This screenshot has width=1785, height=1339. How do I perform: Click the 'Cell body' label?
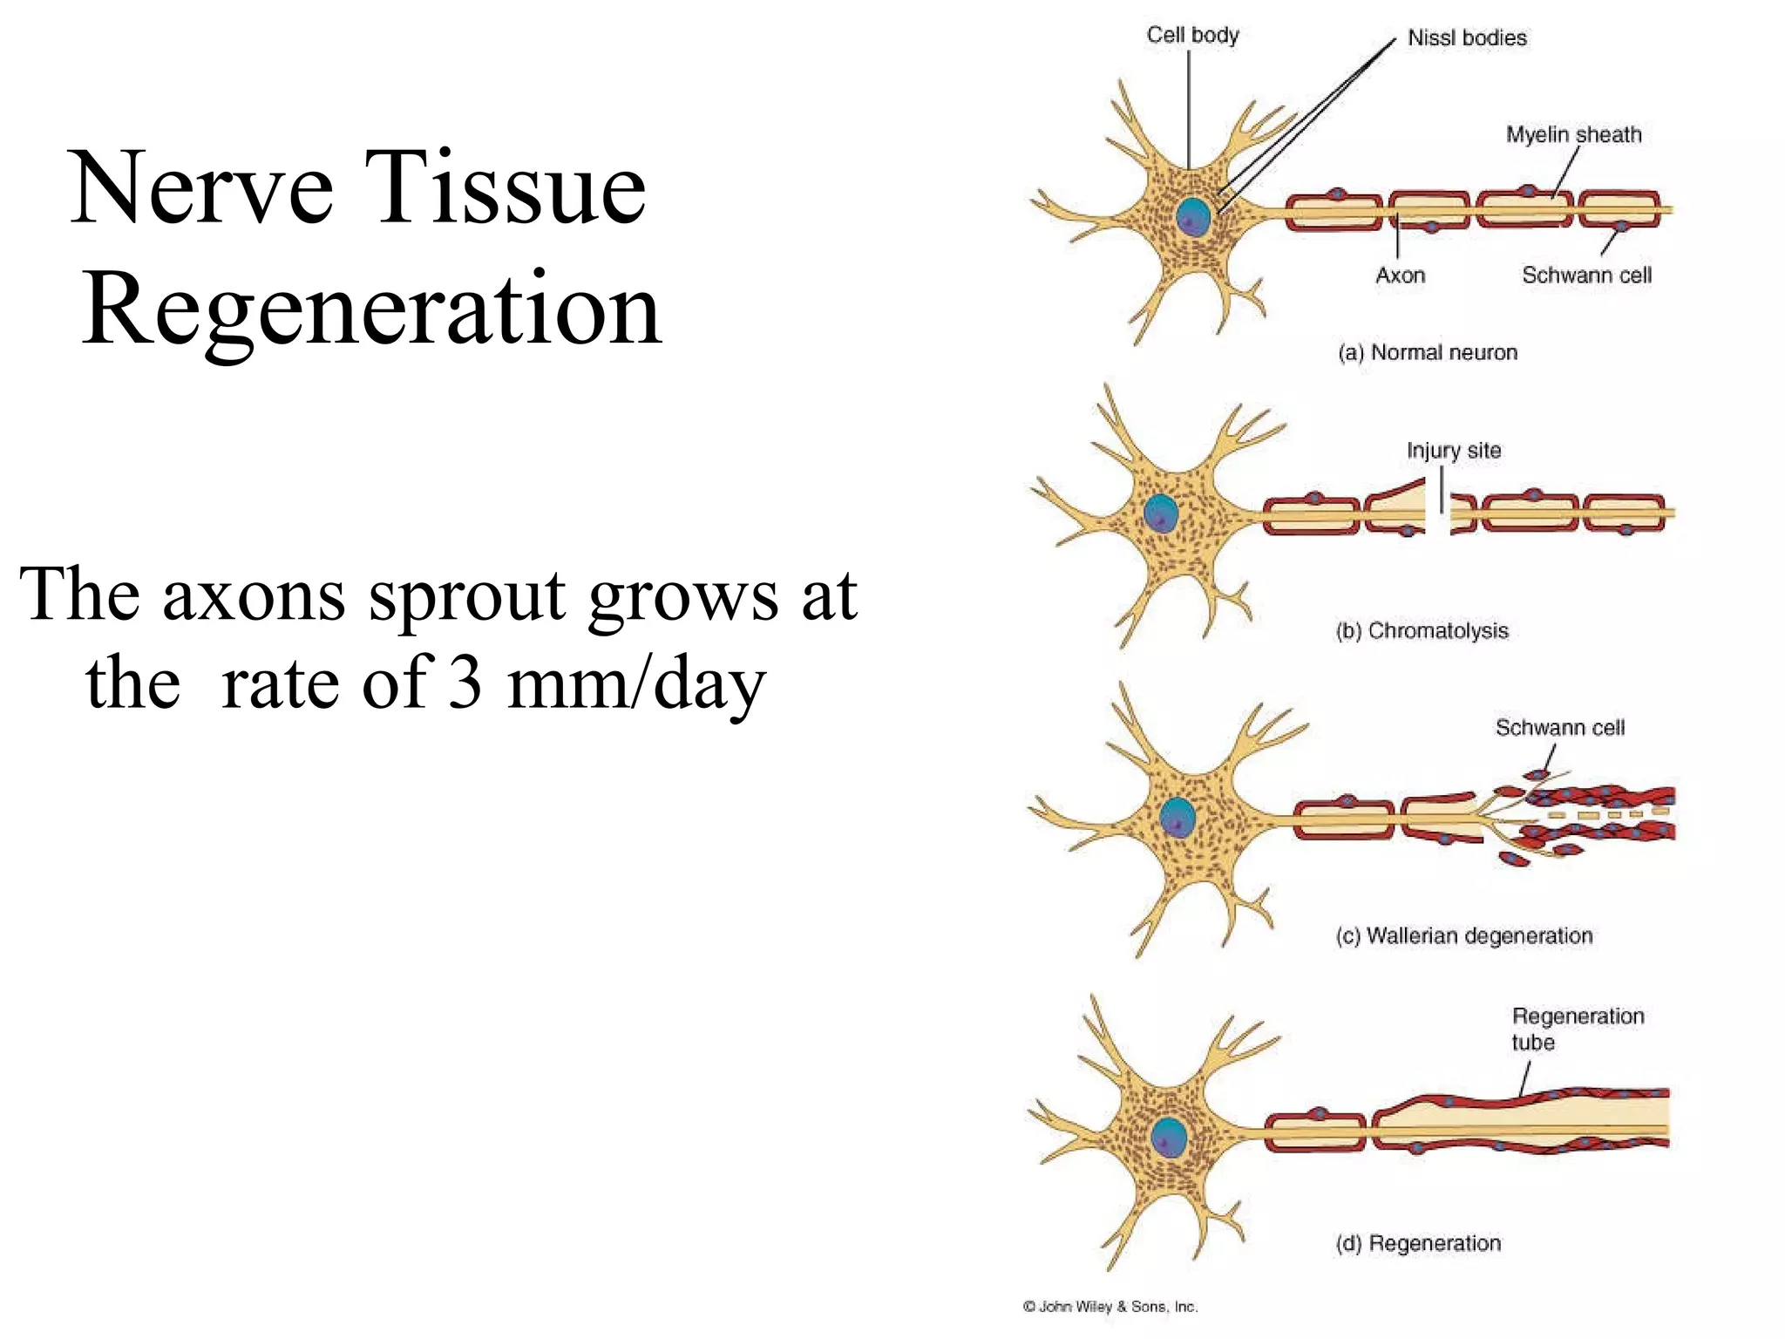coord(1191,35)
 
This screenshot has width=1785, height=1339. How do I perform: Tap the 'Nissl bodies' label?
coord(1467,37)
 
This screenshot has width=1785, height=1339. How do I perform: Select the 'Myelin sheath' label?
coord(1573,134)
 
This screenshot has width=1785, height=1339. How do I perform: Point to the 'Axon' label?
coord(1400,275)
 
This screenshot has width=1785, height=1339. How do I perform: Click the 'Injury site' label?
coord(1453,451)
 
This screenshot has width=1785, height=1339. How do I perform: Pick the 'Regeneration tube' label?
coord(1577,1029)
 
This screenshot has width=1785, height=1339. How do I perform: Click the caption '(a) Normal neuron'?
coord(1428,352)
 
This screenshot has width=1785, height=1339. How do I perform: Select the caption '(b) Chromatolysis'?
coord(1422,630)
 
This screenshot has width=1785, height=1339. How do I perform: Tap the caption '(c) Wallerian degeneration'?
coord(1463,935)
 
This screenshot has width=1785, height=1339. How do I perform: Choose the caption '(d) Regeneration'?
coord(1418,1242)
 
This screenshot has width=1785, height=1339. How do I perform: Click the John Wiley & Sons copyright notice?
coord(1110,1306)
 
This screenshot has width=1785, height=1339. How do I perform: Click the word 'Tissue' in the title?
coord(506,187)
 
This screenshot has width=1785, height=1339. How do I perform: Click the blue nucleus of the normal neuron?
coord(1192,217)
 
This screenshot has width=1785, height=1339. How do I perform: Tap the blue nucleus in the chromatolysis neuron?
coord(1160,513)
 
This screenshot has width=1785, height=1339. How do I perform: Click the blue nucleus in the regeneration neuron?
coord(1168,1138)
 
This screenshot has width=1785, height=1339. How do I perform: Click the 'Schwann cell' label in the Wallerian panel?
coord(1559,727)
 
